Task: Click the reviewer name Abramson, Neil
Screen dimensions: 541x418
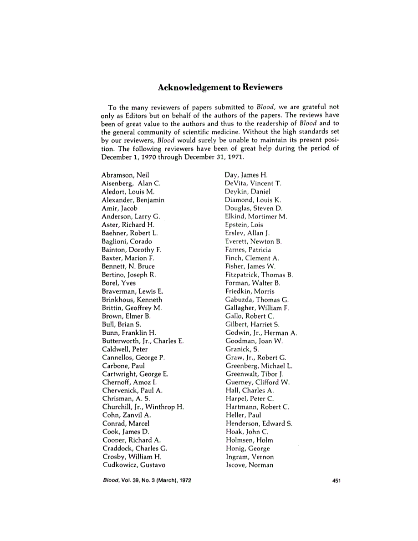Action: coord(125,174)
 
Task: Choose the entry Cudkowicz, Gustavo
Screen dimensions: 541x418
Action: coord(133,465)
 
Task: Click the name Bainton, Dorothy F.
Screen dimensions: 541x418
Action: coord(132,250)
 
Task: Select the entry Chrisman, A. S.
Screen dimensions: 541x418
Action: coord(125,398)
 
